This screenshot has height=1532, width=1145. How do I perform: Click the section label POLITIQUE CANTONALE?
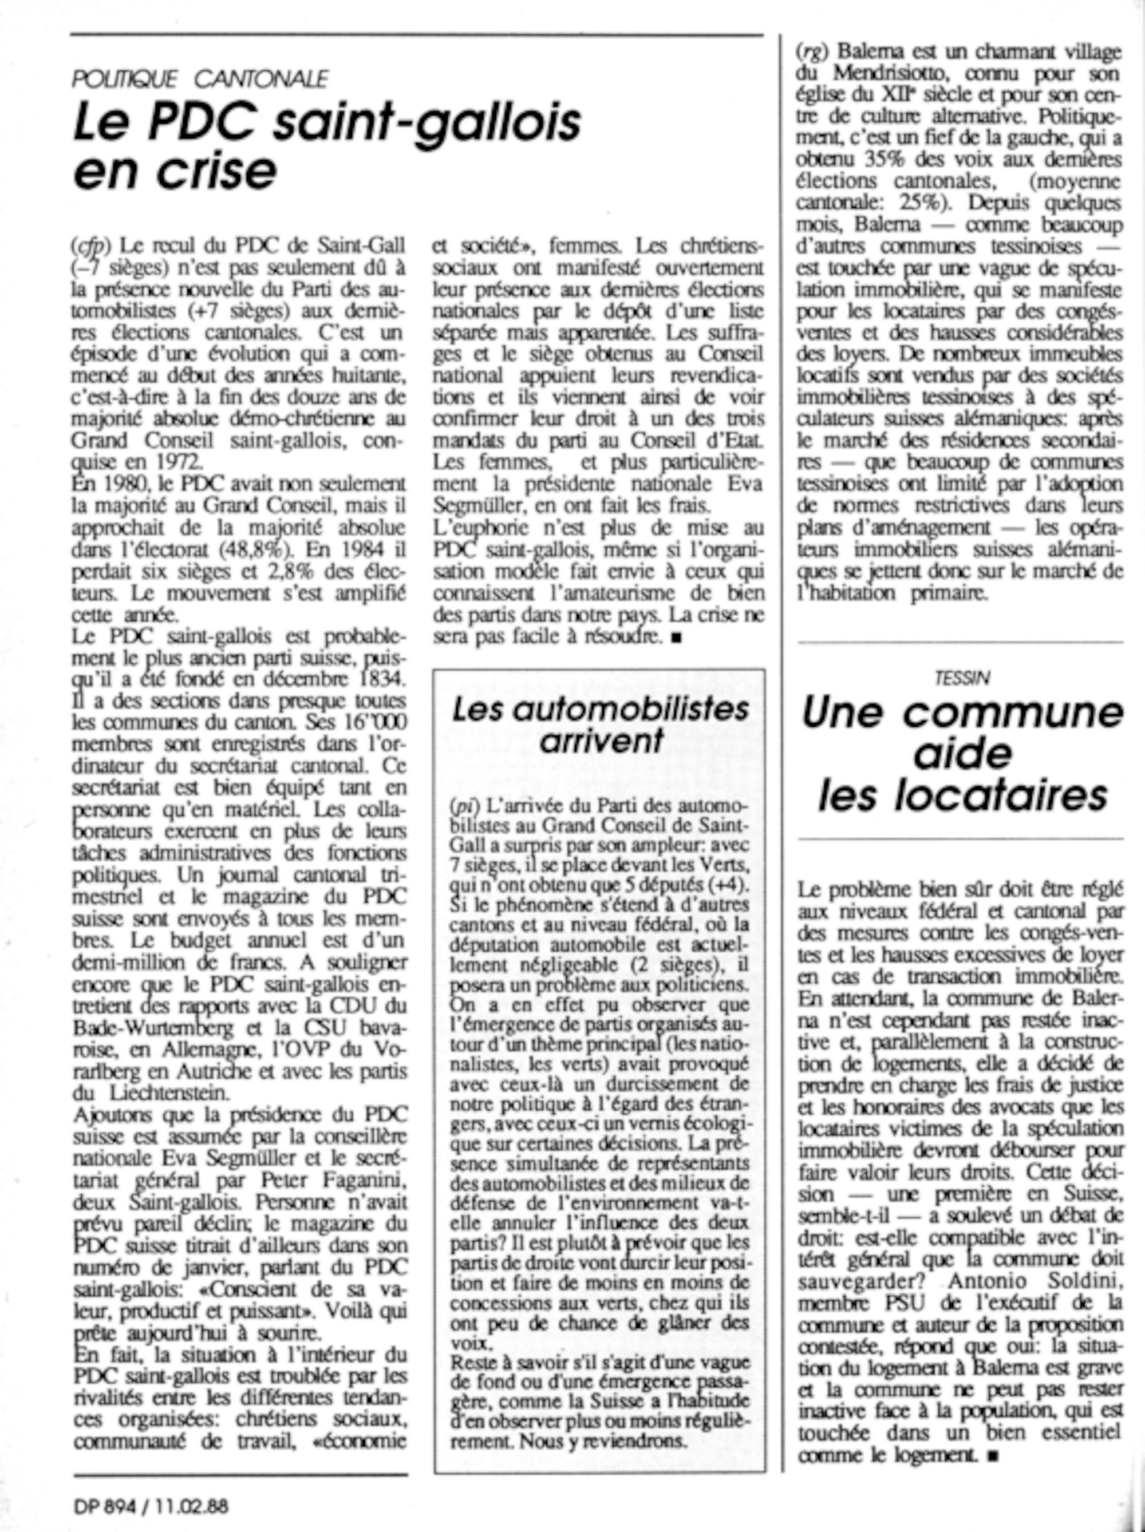[x=199, y=80]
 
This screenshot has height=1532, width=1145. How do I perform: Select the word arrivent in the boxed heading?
[x=601, y=742]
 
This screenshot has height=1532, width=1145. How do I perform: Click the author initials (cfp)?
[x=92, y=246]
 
